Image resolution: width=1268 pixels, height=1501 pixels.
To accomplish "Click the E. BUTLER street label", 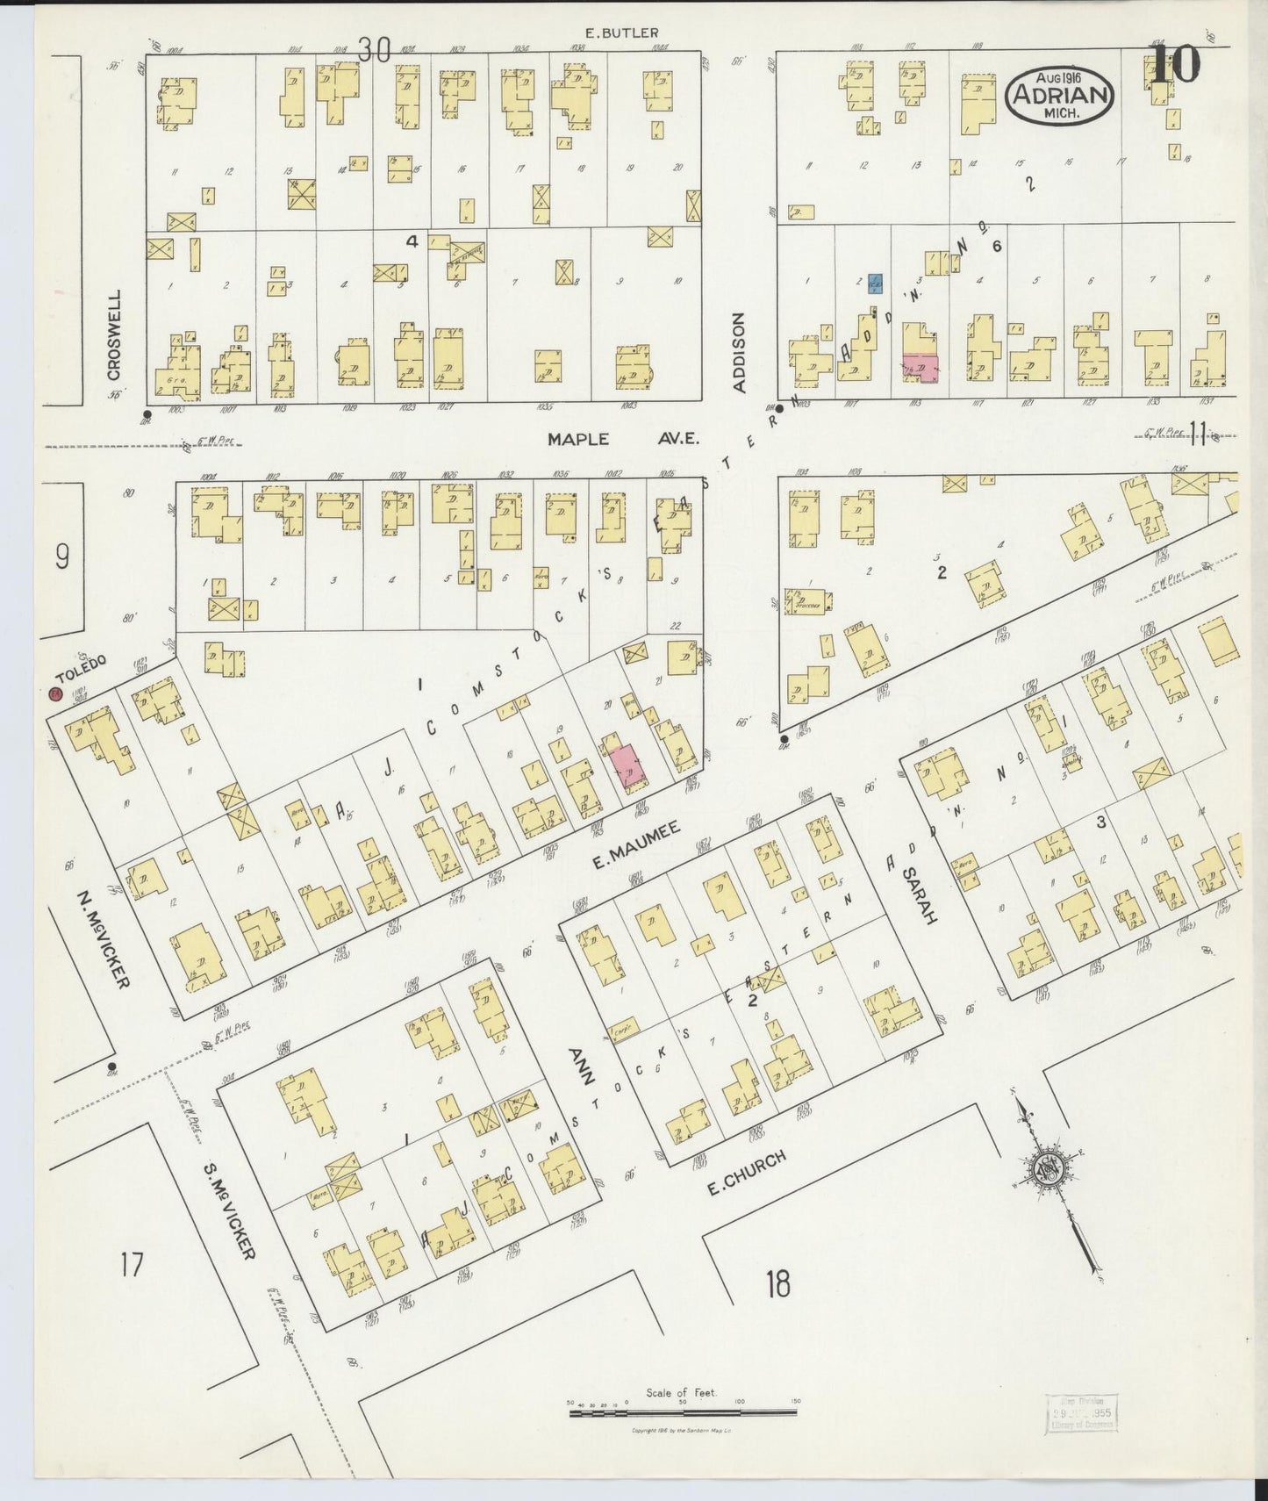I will click(622, 33).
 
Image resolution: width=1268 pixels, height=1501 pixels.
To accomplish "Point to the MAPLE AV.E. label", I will click(623, 439).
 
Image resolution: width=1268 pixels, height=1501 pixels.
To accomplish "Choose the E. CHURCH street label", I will click(746, 1174).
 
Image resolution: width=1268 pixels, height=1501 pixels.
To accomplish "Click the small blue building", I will click(875, 283).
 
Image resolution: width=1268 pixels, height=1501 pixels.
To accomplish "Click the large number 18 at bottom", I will click(777, 1284).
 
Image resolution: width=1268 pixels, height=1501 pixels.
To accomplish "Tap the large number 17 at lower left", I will click(132, 1265).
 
